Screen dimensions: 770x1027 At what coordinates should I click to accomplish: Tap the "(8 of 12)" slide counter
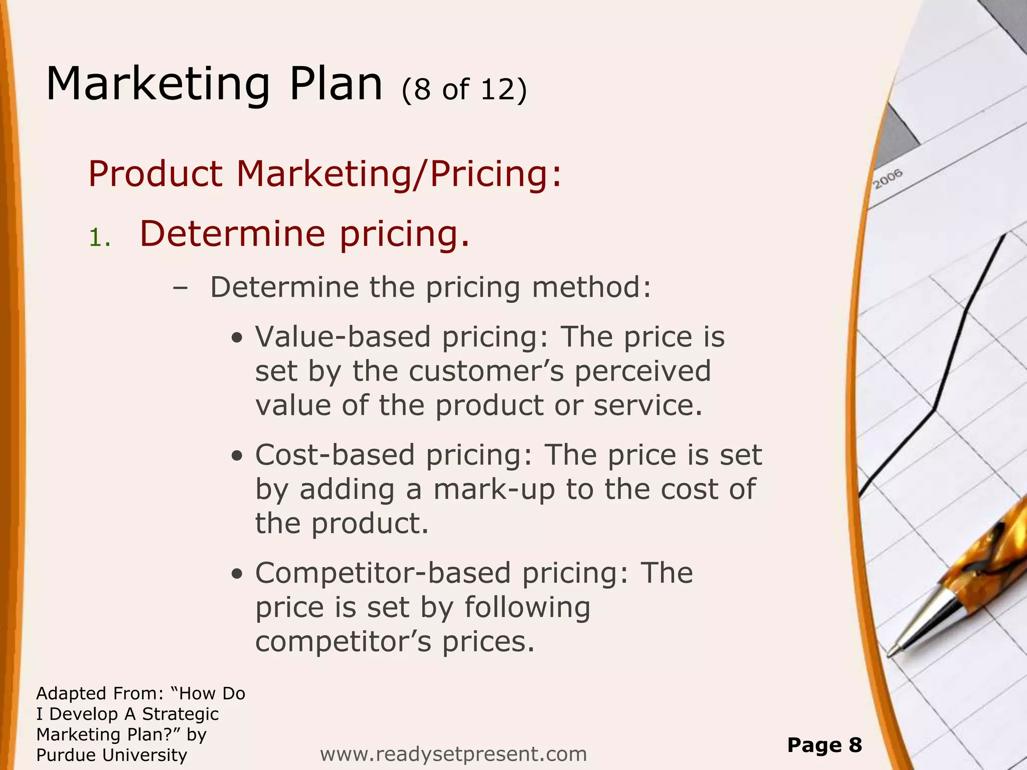464,89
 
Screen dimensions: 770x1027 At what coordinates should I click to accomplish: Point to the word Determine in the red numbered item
232,234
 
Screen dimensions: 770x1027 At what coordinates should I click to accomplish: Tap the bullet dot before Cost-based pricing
238,457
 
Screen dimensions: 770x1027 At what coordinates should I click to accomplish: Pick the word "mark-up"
494,489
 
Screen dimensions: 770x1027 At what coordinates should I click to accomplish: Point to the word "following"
527,608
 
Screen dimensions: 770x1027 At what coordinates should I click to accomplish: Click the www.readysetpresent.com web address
453,753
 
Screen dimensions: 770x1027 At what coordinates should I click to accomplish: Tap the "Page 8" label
824,745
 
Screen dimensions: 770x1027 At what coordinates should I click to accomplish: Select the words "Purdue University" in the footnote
111,754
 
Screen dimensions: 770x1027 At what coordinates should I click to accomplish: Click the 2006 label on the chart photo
888,179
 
